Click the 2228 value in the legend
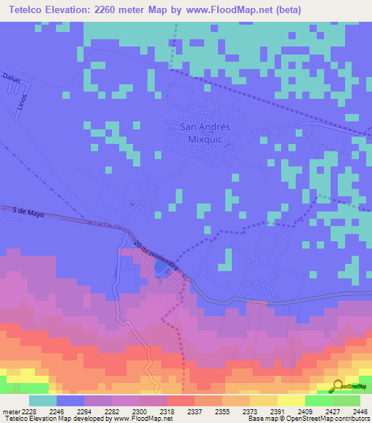point(29,411)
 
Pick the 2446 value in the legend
point(360,411)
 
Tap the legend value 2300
point(139,411)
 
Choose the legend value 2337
point(195,411)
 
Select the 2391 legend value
point(277,411)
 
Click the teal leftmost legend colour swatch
point(42,400)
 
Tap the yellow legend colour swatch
point(291,400)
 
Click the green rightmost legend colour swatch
point(346,400)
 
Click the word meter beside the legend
point(11,411)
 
